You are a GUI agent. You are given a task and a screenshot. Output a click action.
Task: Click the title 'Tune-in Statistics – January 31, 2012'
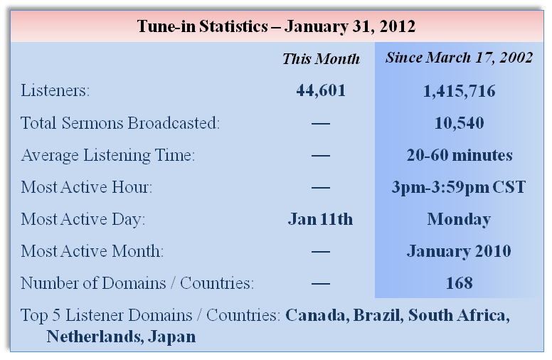pos(276,26)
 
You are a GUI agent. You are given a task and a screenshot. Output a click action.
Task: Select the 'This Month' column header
pos(321,59)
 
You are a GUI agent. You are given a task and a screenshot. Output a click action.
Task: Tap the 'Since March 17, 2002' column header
pos(459,58)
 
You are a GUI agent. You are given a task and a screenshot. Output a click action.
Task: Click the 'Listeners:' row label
pos(55,90)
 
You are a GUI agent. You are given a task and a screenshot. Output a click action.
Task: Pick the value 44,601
pos(321,91)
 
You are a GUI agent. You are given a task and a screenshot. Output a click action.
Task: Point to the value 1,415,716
pos(459,91)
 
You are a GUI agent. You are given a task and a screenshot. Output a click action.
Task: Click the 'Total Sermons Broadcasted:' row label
pos(120,123)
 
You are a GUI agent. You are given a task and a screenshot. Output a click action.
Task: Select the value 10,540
pos(459,123)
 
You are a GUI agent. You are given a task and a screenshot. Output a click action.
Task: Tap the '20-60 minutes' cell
pos(460,155)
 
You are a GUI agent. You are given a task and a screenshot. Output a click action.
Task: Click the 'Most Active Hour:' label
pos(87,187)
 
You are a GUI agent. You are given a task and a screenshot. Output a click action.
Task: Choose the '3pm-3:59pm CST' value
pos(459,187)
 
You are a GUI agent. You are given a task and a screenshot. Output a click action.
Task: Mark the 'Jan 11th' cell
pos(320,219)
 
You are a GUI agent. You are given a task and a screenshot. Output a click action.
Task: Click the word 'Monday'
pos(459,220)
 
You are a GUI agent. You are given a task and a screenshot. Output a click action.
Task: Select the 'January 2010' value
pos(459,252)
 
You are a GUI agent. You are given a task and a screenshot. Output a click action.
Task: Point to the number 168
pos(459,283)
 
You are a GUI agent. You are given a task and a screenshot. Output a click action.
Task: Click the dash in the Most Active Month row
pos(321,252)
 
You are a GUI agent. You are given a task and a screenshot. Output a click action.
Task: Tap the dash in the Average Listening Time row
pos(321,155)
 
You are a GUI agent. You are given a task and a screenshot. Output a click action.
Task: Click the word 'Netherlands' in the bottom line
pos(95,337)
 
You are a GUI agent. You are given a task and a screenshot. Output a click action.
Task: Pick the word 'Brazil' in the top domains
pos(378,315)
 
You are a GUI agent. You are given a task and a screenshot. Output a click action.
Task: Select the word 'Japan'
pos(172,337)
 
